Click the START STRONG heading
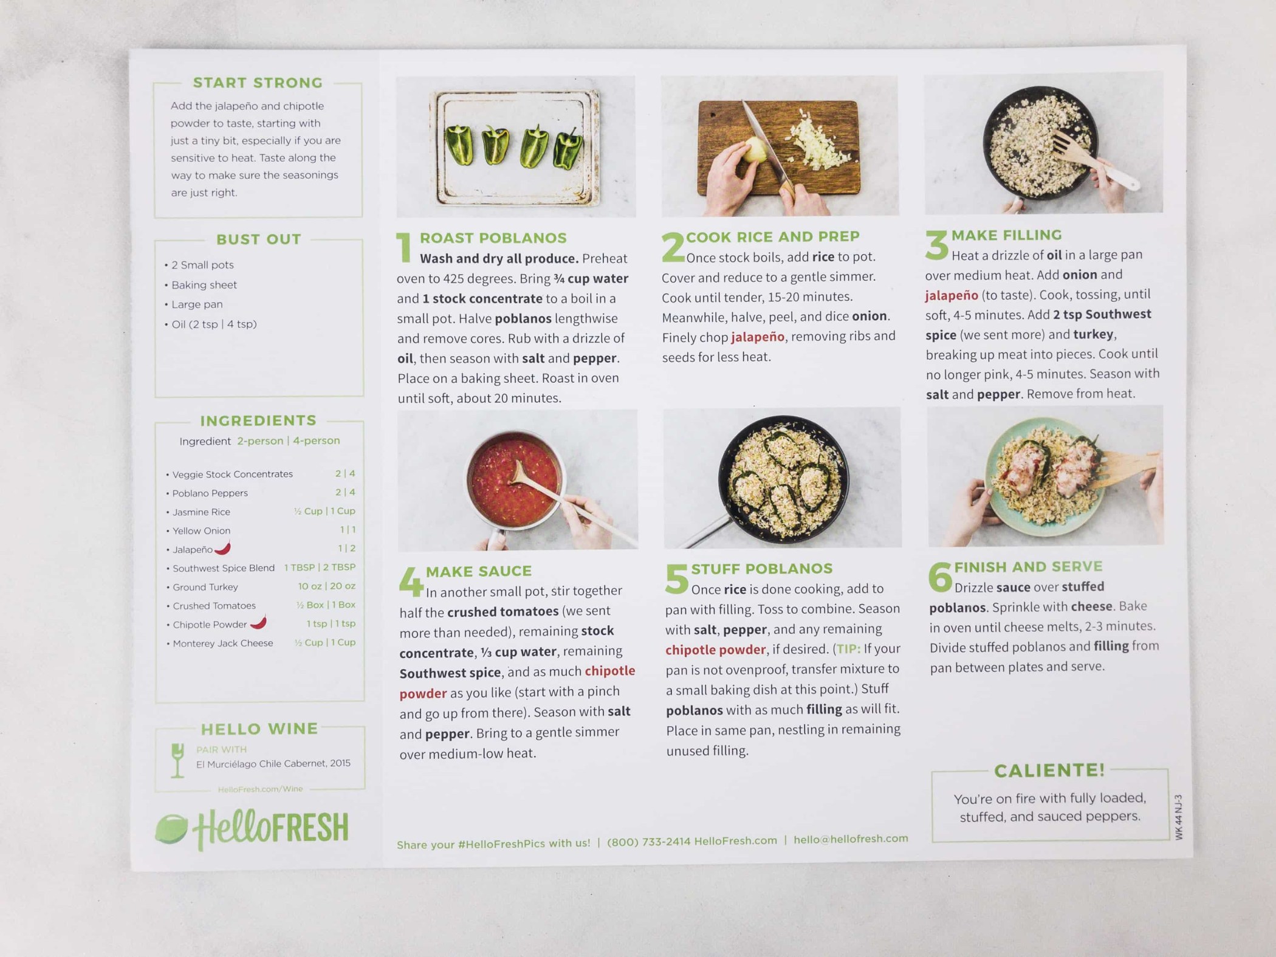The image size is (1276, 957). coord(258,83)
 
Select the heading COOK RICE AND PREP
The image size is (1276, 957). coord(772,236)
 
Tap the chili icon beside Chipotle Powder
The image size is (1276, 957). coord(259,622)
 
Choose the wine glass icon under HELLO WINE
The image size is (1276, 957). coord(177,760)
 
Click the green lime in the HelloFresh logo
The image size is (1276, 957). coord(171,829)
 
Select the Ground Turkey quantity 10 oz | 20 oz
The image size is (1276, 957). coord(326,586)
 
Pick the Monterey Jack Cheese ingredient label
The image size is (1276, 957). coord(223,643)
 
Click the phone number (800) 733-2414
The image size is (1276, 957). coord(648,842)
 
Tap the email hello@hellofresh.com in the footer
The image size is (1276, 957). coord(851,839)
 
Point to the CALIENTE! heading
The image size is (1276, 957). coord(1049,770)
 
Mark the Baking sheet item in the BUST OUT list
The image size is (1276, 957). coord(204,285)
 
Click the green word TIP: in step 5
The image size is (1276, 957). coord(848,649)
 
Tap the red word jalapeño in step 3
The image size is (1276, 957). coord(952,295)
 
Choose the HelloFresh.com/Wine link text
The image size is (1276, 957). coord(260,789)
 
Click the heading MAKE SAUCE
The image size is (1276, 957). coord(478,571)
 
